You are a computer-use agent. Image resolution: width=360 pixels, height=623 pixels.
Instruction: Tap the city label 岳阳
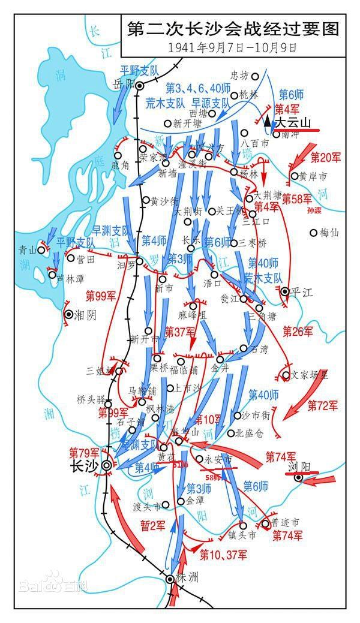click(x=122, y=85)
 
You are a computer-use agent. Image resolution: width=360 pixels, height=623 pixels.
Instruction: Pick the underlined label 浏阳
click(x=301, y=467)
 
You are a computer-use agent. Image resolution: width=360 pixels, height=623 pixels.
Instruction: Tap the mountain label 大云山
click(x=293, y=122)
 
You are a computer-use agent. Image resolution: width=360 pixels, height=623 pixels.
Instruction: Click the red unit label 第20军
click(x=326, y=157)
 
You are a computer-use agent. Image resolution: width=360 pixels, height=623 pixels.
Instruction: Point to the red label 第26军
click(x=298, y=331)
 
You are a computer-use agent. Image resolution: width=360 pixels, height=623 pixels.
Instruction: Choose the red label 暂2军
click(x=152, y=525)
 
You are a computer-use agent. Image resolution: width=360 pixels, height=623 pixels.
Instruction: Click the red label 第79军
click(x=83, y=452)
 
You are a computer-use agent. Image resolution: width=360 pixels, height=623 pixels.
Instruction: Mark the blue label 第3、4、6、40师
click(x=190, y=86)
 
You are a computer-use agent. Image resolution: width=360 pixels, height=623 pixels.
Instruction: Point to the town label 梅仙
click(x=329, y=232)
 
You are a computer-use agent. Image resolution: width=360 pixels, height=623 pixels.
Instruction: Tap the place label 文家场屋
click(x=310, y=375)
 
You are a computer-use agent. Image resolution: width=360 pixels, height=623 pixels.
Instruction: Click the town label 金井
click(x=221, y=368)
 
